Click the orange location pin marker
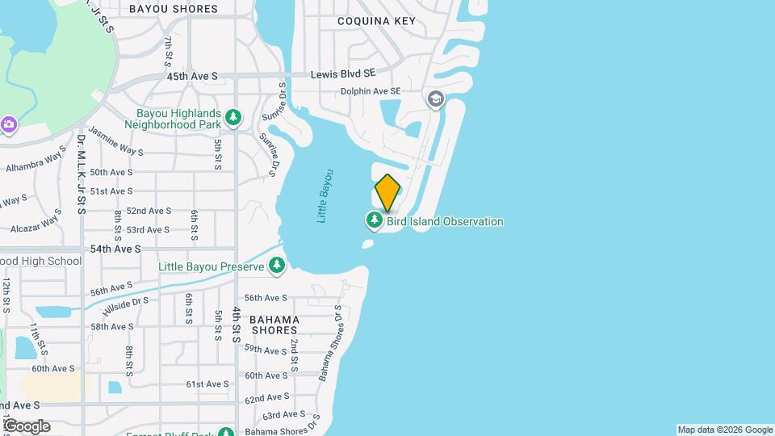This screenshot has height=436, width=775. point(387,192)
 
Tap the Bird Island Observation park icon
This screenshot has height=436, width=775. point(375,220)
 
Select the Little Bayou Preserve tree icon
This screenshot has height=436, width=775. point(277,265)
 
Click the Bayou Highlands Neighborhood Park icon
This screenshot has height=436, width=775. point(233,118)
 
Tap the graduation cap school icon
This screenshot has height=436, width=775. point(436,99)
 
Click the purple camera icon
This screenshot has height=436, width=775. point(9,124)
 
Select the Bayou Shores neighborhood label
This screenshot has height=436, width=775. point(174,9)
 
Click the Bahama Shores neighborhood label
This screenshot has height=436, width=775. point(274,325)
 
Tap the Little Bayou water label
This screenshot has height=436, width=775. point(325,196)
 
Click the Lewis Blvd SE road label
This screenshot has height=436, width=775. point(344,73)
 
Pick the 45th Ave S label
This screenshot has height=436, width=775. point(192,76)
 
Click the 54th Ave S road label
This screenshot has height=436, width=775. point(115,249)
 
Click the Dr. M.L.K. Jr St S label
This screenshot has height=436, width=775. point(82,174)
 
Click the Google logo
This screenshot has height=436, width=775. point(26,426)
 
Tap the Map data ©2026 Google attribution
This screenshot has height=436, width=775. point(725,430)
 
